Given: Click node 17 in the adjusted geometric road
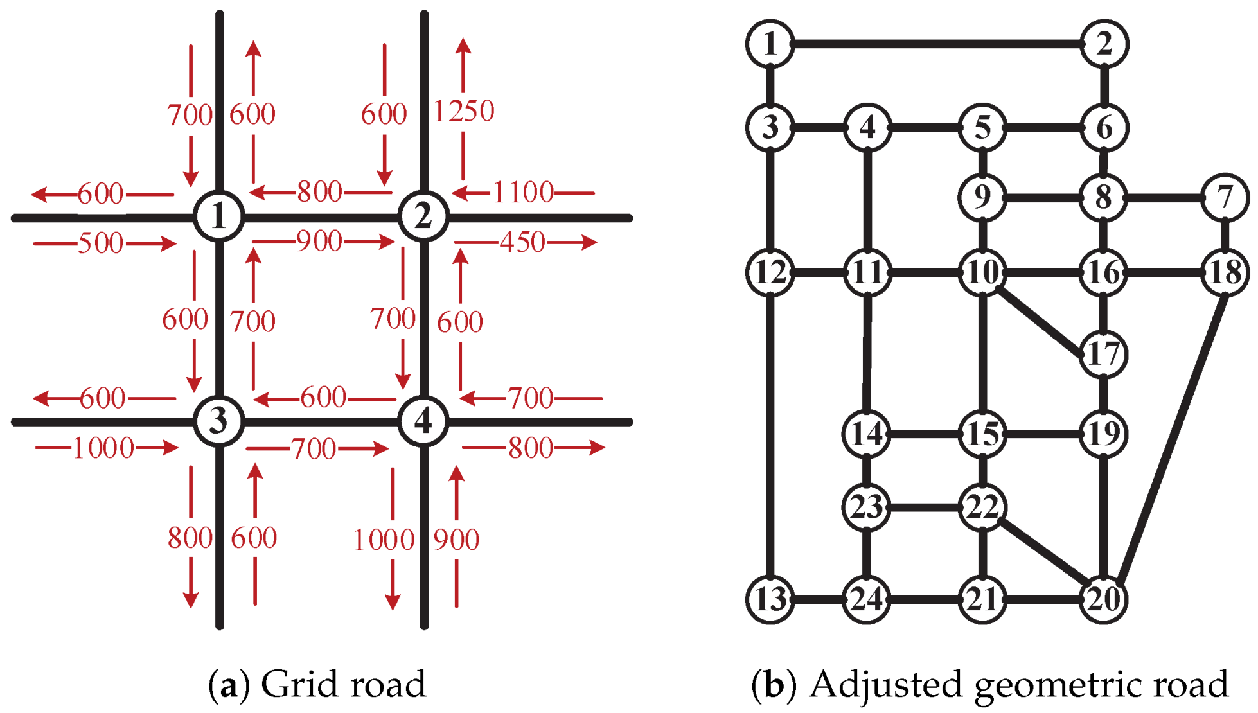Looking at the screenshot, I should coord(1104,354).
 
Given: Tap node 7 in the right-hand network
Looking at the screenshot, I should coord(1225,197).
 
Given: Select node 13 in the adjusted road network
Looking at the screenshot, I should coord(770,599).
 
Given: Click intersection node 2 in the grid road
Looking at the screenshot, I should coord(423,216).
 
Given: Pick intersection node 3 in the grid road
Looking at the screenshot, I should coord(219,421).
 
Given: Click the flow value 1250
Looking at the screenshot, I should coord(464,111).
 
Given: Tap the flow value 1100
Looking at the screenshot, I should coord(523,192).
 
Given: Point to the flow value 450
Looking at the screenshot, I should coord(522,242).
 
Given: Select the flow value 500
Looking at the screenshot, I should coord(100,243).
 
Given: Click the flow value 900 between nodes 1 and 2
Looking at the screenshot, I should coord(319,241).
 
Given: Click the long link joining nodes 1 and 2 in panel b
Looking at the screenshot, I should coord(937,44).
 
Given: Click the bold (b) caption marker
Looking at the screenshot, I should coord(774,685).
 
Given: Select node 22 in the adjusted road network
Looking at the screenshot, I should coord(982,507).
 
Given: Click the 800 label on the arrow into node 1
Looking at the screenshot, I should coord(319,191).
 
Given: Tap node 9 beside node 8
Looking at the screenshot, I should coord(982,197).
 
